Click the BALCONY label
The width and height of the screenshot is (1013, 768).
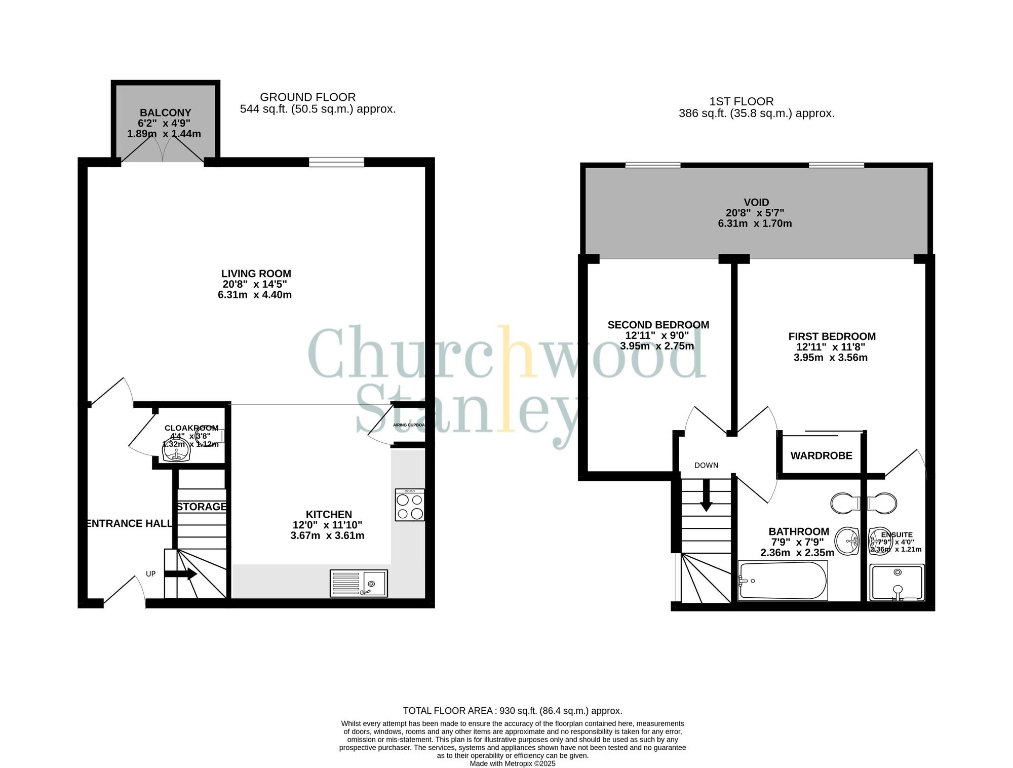[165, 113]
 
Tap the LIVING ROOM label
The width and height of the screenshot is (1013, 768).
[256, 274]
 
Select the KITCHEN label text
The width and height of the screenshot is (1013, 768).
[329, 514]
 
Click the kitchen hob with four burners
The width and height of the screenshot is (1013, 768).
[410, 506]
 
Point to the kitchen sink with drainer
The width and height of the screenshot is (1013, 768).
[359, 583]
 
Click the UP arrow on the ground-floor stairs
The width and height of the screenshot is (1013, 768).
[181, 574]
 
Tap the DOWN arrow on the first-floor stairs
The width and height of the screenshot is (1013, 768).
[706, 495]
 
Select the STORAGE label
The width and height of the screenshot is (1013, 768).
[202, 507]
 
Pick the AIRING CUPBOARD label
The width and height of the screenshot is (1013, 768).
[409, 425]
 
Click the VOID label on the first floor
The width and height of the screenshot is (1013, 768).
[756, 203]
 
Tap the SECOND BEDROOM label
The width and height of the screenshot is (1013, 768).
[658, 325]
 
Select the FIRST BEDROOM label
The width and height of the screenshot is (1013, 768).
[832, 336]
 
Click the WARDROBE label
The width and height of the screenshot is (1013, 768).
[821, 456]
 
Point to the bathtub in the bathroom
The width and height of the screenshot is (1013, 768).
[783, 581]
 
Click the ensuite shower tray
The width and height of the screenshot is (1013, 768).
[897, 583]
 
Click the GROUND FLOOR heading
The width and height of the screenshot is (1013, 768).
[307, 97]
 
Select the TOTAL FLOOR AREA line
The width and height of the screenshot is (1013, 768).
[512, 711]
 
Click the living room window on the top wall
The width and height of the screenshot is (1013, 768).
[336, 162]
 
